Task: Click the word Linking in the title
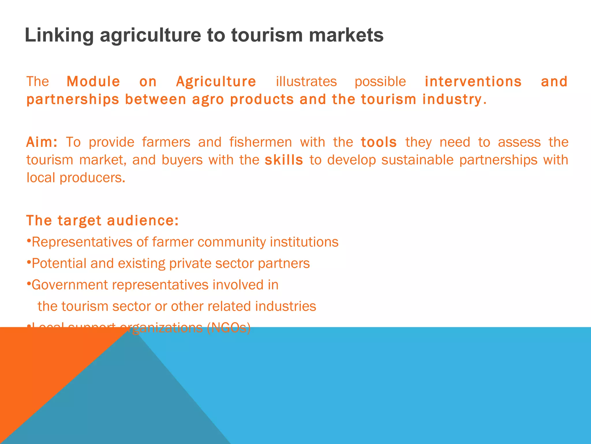[59, 35]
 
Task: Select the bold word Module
[93, 82]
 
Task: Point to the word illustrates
[306, 82]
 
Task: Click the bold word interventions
[473, 82]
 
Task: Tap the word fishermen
[261, 142]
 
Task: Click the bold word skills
[284, 160]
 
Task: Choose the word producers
[92, 178]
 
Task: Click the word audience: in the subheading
[143, 221]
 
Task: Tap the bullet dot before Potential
[29, 262]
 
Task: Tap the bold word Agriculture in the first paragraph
[216, 82]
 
